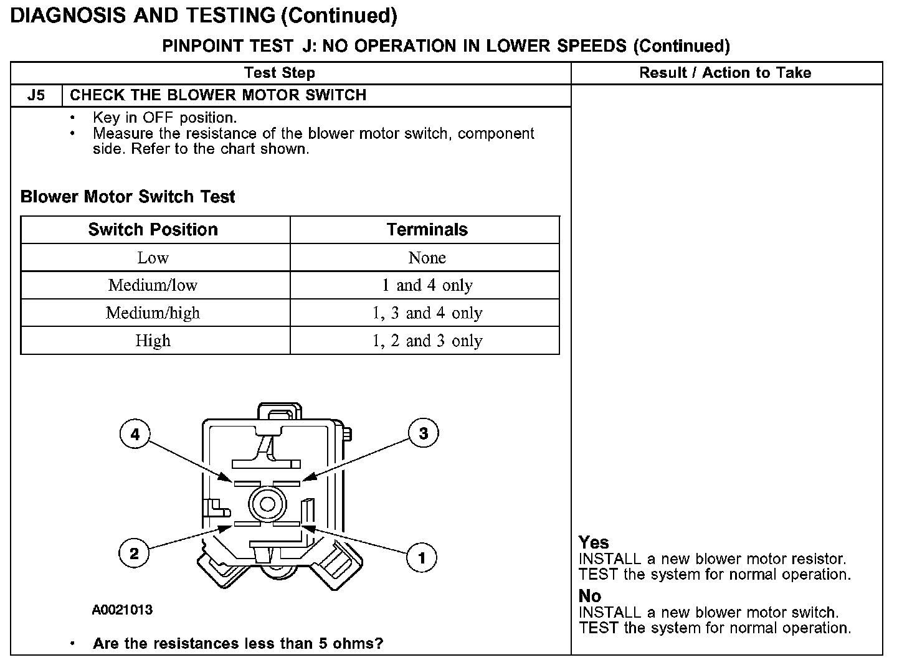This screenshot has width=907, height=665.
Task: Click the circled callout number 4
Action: click(135, 433)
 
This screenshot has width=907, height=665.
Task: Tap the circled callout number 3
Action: click(423, 433)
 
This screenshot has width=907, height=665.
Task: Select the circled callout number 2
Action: click(134, 553)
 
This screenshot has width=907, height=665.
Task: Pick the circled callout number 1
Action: click(421, 557)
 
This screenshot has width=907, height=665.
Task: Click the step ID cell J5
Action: click(36, 95)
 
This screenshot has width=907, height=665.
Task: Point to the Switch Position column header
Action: click(153, 230)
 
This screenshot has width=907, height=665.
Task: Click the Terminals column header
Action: click(427, 230)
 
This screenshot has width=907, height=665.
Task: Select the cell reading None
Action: click(427, 258)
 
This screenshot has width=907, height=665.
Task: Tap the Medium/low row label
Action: click(153, 285)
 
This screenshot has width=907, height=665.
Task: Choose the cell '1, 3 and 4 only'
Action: click(427, 313)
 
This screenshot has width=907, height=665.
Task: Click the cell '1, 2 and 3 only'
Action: click(427, 341)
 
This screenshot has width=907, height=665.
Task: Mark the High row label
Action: click(153, 341)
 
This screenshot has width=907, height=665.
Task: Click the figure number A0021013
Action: click(122, 610)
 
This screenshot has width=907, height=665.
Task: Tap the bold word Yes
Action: click(593, 542)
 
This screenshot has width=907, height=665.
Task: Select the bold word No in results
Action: click(589, 596)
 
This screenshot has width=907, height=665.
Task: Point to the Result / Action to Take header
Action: click(725, 73)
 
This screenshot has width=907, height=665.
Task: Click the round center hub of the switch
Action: click(267, 504)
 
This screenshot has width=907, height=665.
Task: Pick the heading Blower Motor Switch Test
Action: click(128, 197)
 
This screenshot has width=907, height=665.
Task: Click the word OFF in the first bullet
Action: click(159, 118)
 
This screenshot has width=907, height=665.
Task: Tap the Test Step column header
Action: click(280, 73)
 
